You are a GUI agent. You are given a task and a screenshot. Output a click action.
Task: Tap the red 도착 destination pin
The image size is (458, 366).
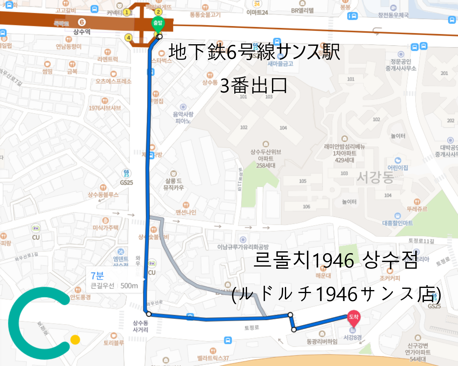click(x=354, y=317)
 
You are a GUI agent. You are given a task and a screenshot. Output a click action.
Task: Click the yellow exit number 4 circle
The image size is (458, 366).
click(x=129, y=38)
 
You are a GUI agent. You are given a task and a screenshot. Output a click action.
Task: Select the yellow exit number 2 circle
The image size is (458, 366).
click(x=158, y=12)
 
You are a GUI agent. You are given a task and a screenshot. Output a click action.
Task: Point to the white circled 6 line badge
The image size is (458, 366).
click(x=82, y=22)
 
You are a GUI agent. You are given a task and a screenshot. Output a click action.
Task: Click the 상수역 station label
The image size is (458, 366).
click(x=82, y=32)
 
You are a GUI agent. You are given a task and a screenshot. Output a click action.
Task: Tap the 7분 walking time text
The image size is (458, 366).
click(x=97, y=276)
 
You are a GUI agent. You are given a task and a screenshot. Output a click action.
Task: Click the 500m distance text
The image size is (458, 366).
click(x=129, y=286)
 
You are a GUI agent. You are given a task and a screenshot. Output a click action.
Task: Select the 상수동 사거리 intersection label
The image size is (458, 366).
click(x=140, y=326)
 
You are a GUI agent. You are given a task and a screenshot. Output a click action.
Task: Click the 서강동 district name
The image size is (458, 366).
click(x=375, y=177)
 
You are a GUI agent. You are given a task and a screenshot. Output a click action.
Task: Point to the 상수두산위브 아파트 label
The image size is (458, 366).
click(x=266, y=158)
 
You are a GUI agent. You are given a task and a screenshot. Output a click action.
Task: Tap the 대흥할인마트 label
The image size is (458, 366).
click(x=398, y=223)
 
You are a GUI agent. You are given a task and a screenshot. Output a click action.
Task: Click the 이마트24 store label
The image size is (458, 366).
click(x=257, y=13)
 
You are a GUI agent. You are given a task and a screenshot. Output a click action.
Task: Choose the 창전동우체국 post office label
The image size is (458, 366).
click(x=393, y=15)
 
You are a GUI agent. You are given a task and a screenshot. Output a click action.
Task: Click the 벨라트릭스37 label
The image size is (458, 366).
click(x=213, y=358)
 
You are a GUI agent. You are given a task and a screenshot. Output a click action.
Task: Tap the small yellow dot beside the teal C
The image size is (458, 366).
click(x=75, y=340)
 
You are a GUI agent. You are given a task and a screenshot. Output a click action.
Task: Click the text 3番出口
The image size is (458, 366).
click(x=253, y=86)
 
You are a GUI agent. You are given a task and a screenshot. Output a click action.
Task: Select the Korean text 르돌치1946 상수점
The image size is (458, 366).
click(x=335, y=260)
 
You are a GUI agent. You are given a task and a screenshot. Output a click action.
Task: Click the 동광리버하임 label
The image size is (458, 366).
click(x=322, y=342)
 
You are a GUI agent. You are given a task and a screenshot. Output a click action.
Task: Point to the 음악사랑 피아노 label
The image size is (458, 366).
click(x=183, y=117)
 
